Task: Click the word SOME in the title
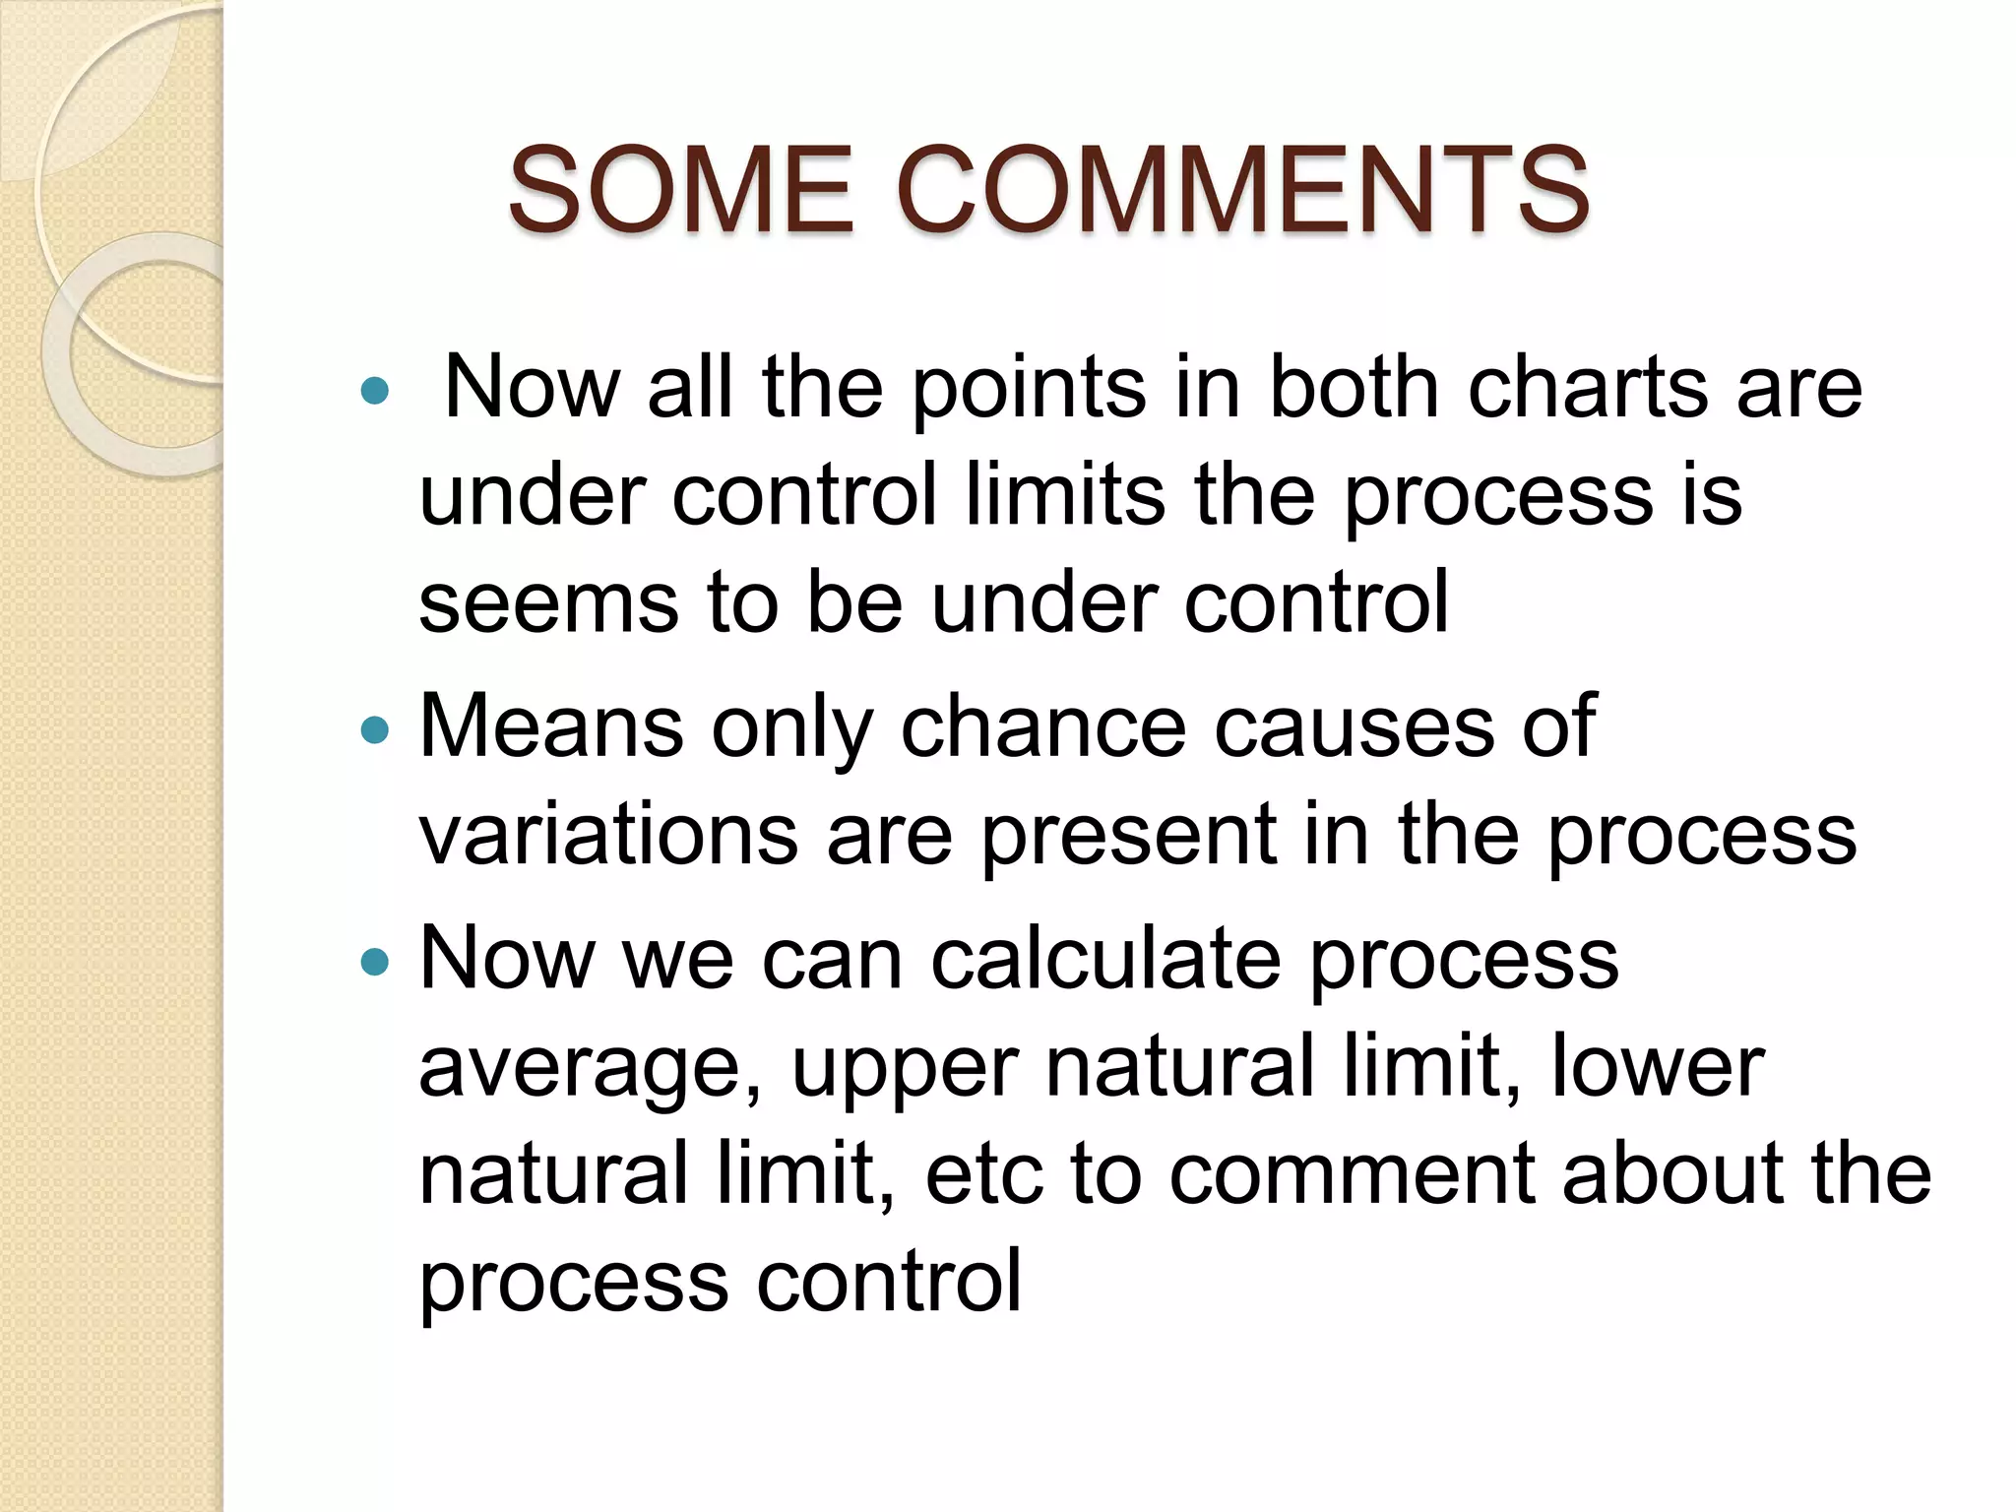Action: click(x=679, y=189)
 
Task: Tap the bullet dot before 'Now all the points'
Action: click(x=375, y=392)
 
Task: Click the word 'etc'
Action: click(x=983, y=1174)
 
